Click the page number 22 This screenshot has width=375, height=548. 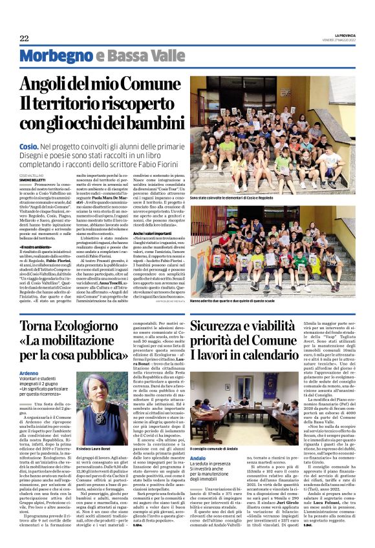point(24,39)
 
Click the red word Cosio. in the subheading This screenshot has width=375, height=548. point(28,148)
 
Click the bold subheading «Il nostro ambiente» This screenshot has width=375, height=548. point(35,247)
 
